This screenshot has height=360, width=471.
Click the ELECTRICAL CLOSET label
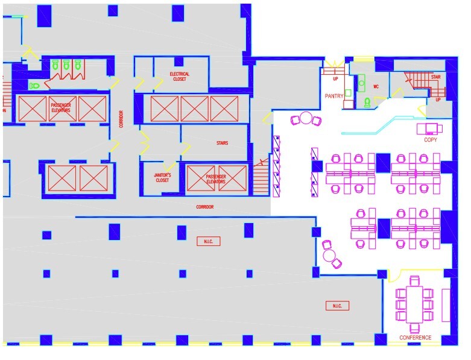tap(179, 77)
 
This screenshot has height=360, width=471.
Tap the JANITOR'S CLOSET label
tap(162, 177)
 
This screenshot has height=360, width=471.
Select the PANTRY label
tap(333, 96)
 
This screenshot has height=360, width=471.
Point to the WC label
tap(375, 86)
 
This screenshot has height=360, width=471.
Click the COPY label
tap(431, 140)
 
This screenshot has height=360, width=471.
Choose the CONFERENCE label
tap(416, 338)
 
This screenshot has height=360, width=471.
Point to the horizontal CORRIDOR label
tap(204, 207)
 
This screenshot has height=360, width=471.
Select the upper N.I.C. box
tap(208, 241)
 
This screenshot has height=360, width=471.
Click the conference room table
tap(414, 305)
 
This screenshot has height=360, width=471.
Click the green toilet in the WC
tap(367, 103)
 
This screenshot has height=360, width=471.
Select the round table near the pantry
tap(306, 118)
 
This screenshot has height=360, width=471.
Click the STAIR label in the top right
tap(435, 77)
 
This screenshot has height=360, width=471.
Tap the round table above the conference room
tap(330, 255)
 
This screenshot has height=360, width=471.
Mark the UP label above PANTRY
tap(335, 79)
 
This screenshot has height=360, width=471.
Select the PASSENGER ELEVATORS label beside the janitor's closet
tap(215, 178)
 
